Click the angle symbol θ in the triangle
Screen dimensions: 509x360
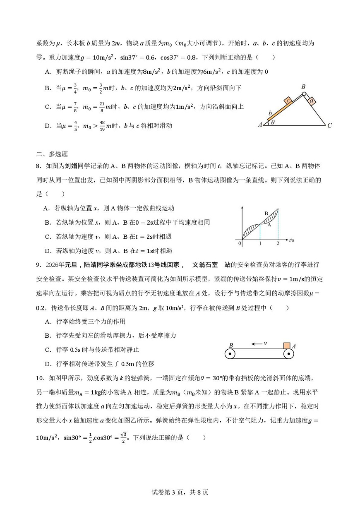[273, 123]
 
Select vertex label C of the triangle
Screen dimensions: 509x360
[329, 125]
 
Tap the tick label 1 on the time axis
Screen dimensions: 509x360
[260, 243]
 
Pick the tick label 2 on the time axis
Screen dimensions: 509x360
[278, 243]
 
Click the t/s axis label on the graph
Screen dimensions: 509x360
[291, 240]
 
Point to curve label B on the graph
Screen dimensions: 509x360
[266, 214]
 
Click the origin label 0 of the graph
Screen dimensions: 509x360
[240, 243]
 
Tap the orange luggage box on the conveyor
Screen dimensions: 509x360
[286, 346]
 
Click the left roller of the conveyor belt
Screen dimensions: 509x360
[230, 354]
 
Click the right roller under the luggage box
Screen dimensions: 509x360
[288, 354]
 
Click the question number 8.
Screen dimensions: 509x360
[38, 166]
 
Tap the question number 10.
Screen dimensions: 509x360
[40, 377]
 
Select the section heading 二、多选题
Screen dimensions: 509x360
[52, 154]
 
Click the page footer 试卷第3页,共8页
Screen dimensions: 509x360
[180, 492]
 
